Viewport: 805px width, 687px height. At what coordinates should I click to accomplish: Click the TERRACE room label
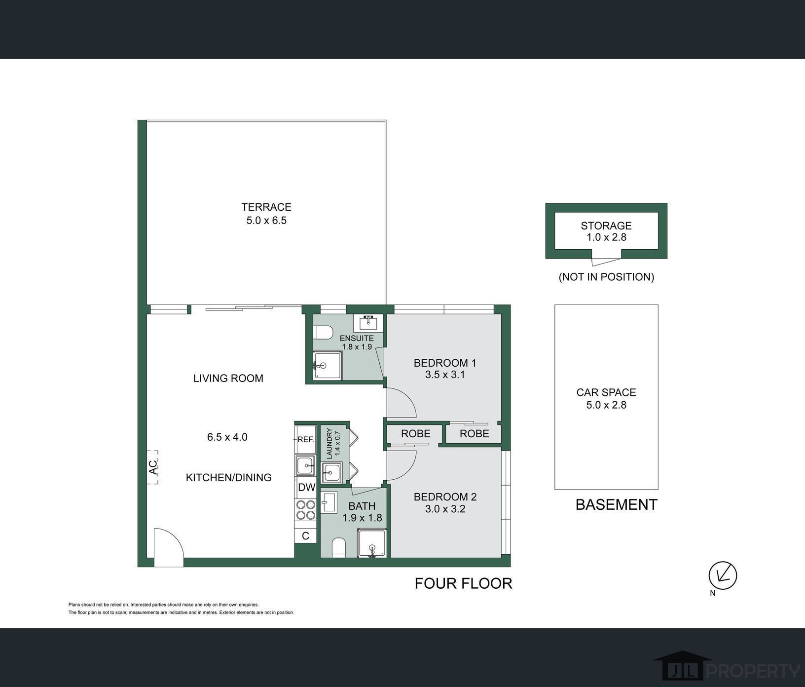click(266, 207)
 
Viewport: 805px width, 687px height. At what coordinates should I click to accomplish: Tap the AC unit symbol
click(152, 466)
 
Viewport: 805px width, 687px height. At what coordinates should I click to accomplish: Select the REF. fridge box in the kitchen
click(306, 439)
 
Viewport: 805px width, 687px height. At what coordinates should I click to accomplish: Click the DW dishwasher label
click(306, 488)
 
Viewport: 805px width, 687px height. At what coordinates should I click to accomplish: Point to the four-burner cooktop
click(306, 510)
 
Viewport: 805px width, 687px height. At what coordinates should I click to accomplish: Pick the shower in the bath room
click(372, 543)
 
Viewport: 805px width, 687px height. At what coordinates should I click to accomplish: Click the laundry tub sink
click(331, 473)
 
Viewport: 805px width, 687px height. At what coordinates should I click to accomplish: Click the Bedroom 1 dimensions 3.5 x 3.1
click(445, 375)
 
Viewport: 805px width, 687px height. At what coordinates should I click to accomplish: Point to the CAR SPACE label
click(606, 392)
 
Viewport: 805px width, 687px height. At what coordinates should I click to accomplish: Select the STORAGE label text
click(606, 226)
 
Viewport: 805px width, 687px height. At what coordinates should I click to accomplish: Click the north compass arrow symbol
click(723, 575)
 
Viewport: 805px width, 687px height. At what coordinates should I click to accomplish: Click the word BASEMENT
click(617, 504)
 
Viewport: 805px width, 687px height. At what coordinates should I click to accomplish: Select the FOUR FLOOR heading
click(464, 583)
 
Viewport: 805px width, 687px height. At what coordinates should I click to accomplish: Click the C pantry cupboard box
click(306, 535)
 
